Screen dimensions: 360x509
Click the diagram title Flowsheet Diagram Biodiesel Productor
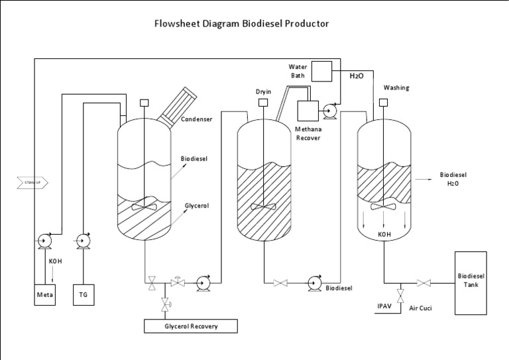pos(241,24)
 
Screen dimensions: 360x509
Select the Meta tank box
pos(46,294)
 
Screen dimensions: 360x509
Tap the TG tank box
pos(84,294)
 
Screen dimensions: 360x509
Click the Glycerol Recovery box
pos(191,326)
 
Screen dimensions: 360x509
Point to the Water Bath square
pos(321,70)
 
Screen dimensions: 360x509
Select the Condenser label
pos(197,120)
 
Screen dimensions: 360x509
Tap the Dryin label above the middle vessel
pos(264,90)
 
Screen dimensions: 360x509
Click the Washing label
pos(396,88)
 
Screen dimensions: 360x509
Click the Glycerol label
pos(197,206)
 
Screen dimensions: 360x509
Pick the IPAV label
pos(385,306)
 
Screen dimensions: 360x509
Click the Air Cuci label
pos(420,308)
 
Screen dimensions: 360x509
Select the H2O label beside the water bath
pos(357,76)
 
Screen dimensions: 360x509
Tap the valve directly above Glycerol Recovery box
pos(165,304)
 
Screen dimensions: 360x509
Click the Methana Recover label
pos(308,133)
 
